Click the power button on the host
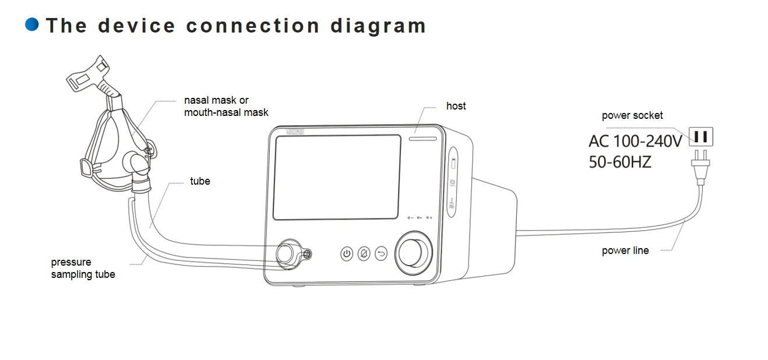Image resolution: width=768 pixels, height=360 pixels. [x=347, y=253]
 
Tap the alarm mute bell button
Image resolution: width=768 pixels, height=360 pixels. [x=364, y=253]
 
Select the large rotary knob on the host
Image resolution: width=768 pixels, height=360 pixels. [x=415, y=252]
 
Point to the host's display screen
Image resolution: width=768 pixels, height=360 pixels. [x=337, y=177]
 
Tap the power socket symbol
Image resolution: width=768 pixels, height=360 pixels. [x=701, y=137]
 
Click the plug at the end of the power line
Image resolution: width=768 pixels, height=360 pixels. [x=699, y=166]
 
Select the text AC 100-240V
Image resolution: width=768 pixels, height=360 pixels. [x=635, y=142]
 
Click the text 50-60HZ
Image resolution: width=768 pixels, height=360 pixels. [x=620, y=162]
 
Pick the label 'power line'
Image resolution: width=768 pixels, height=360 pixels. [x=625, y=251]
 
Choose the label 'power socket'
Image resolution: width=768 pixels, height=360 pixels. [x=632, y=115]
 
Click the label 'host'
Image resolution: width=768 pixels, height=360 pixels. [x=456, y=106]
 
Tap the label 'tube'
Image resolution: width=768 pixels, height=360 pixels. [x=200, y=181]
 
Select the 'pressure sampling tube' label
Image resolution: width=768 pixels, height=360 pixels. [x=83, y=269]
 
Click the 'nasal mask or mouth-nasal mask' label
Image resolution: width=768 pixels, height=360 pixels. [x=226, y=107]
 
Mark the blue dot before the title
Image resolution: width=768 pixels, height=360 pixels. [x=32, y=24]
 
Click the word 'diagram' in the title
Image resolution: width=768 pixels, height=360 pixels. [x=378, y=26]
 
